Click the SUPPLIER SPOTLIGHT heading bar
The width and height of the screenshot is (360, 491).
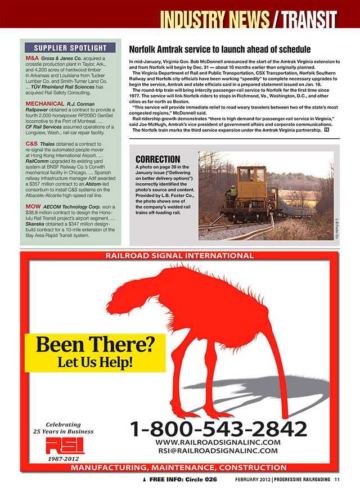(70, 47)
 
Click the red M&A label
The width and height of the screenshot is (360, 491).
(32, 58)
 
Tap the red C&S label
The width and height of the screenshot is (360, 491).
(31, 144)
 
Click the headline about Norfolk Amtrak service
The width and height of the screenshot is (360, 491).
(220, 49)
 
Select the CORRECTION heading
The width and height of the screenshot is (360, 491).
(158, 159)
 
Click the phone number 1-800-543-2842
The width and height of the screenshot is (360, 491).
(219, 429)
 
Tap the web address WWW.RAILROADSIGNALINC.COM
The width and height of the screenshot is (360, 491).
(217, 442)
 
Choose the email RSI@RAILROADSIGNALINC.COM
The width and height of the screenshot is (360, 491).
(217, 451)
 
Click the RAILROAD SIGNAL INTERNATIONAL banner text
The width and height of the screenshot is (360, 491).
(179, 256)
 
